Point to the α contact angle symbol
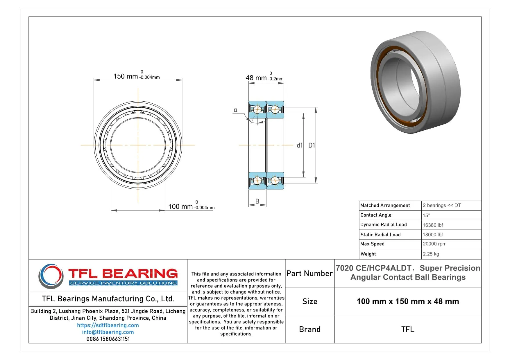(235, 110)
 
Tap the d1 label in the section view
(300, 145)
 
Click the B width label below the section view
(257, 201)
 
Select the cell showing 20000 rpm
(434, 244)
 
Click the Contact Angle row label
(376, 215)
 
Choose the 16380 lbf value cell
(433, 225)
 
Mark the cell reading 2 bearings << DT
(442, 205)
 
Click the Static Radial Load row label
(380, 235)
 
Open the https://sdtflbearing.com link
(108, 325)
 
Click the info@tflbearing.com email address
(108, 332)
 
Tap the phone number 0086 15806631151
(108, 339)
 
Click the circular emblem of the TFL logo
(51, 276)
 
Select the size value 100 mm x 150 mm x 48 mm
(407, 301)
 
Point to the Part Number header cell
(309, 273)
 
